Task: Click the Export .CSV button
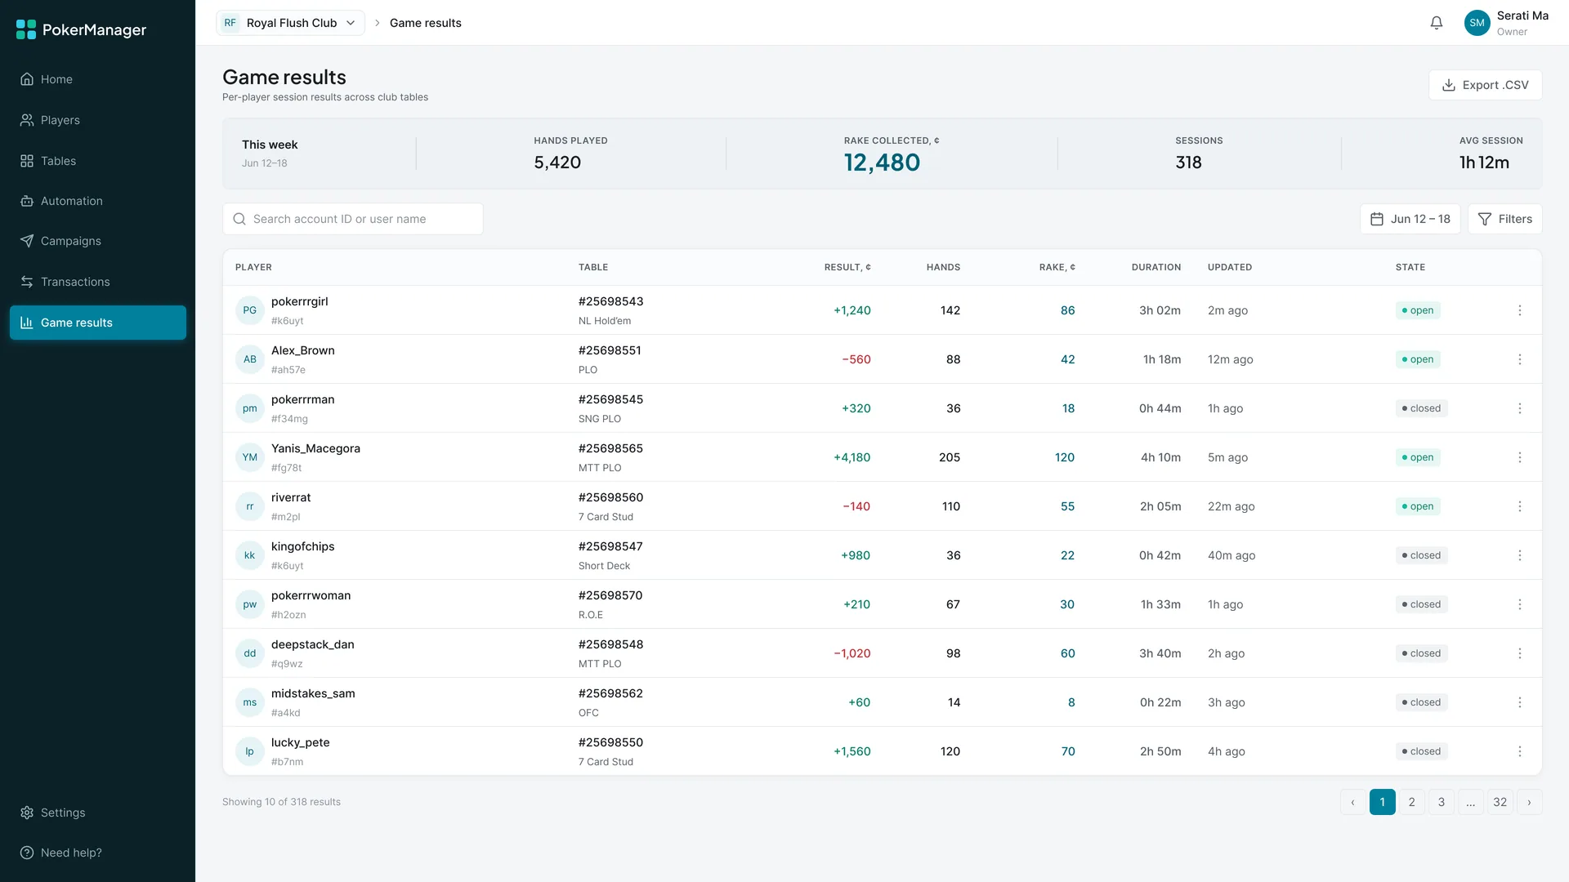coord(1485,85)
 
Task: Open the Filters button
coord(1504,219)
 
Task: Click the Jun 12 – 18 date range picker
coord(1410,219)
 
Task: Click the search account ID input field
coord(352,219)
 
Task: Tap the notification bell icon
coord(1437,23)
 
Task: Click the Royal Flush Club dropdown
coord(290,23)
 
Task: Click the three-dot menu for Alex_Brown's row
coord(1520,359)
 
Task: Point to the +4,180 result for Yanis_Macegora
coord(852,457)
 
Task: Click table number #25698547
coord(610,546)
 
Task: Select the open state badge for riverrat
coord(1418,506)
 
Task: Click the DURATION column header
coord(1156,267)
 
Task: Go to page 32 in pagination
coord(1500,802)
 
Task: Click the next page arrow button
coord(1530,802)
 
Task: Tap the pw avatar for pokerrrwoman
coord(250,604)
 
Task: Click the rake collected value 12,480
coord(882,163)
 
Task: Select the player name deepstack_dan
coord(313,644)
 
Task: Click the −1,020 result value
coord(852,653)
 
